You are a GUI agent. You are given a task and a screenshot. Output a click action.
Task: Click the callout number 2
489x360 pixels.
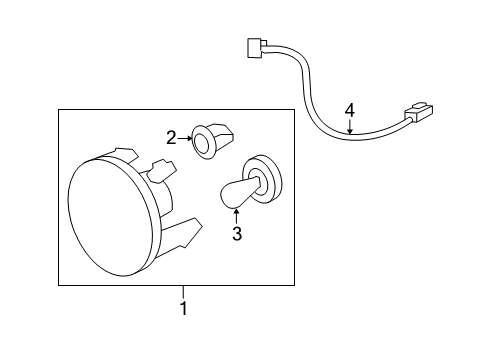tap(171, 138)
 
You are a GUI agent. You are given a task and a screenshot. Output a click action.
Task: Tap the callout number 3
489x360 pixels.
tap(237, 235)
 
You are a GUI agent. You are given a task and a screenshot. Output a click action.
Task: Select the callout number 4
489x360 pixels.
tap(349, 109)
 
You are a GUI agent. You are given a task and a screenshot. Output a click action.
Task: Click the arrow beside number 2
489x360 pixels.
tap(184, 138)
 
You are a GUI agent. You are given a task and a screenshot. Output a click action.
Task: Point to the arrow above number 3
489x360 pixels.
tap(237, 214)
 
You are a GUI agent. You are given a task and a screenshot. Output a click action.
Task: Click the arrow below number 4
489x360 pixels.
tap(349, 126)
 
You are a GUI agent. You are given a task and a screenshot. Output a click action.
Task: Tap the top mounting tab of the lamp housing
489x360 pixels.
tap(125, 156)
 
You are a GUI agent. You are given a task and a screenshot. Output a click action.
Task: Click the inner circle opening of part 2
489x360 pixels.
tap(205, 144)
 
